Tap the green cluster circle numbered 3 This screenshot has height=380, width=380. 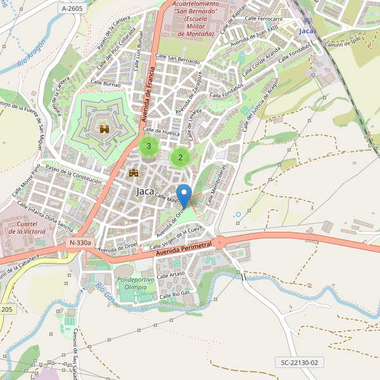[149, 146]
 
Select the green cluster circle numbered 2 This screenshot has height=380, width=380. [180, 157]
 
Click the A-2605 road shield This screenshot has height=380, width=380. [72, 8]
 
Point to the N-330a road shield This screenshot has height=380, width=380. [80, 243]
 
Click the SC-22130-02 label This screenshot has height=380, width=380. [300, 362]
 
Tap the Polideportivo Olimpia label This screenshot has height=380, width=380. [136, 282]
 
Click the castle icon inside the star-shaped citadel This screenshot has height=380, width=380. [104, 129]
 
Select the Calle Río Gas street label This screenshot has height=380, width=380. [175, 294]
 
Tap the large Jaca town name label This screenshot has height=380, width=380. [145, 191]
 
